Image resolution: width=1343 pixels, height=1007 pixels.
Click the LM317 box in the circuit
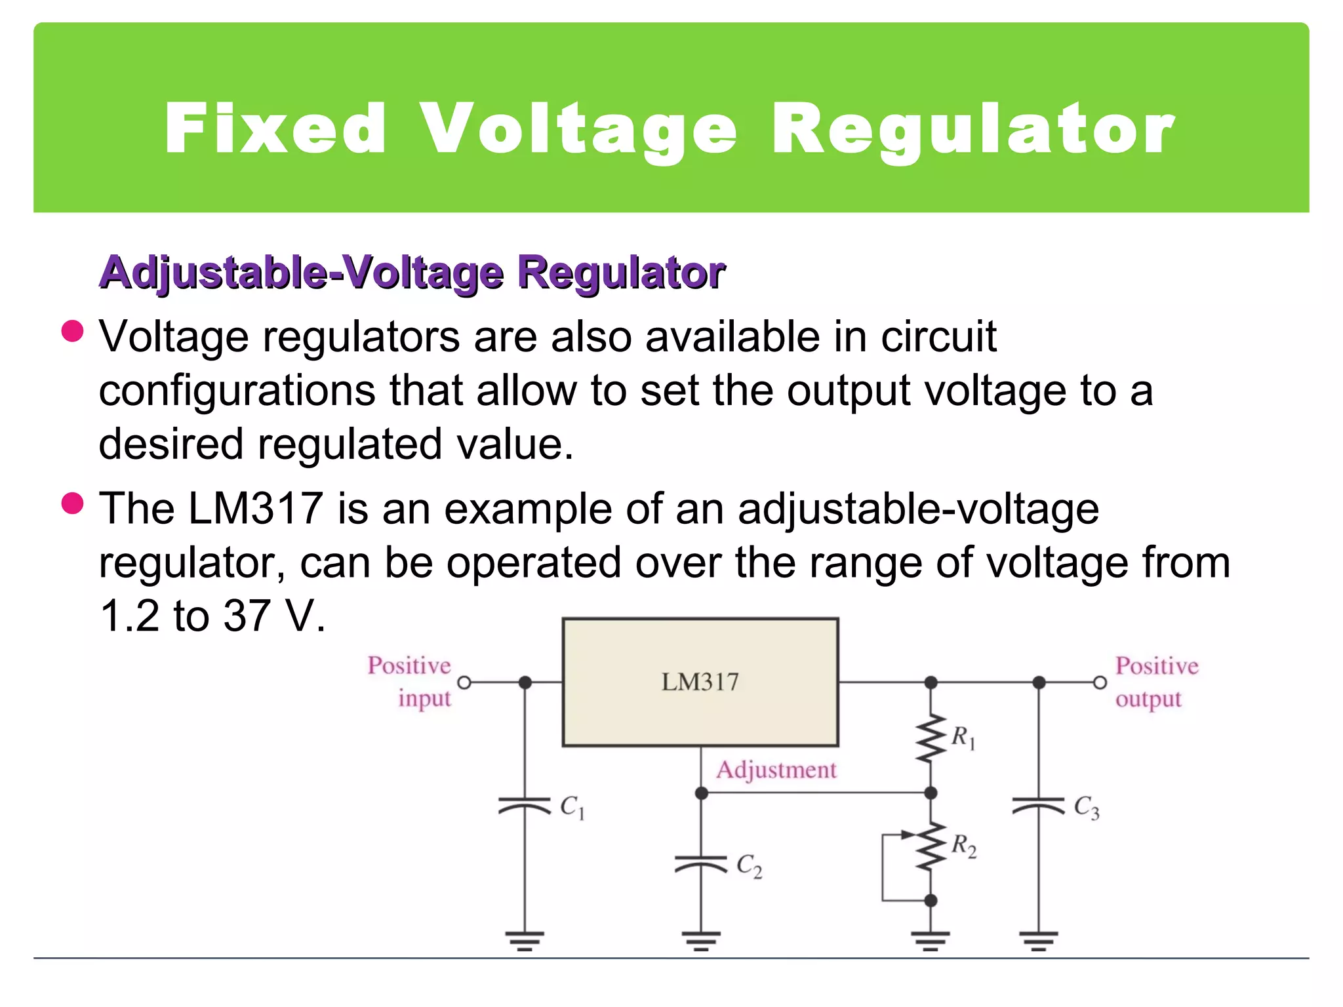click(x=700, y=682)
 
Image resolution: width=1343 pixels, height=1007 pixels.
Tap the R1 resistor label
click(x=963, y=738)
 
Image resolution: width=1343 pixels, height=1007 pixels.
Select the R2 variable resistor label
click(x=963, y=846)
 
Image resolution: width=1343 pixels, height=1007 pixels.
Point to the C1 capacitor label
click(x=572, y=807)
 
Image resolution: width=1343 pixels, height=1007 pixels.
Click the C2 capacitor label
click(x=749, y=866)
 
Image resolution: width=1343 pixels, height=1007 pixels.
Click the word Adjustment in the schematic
click(x=776, y=770)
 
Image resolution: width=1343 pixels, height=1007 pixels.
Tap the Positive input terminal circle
click(x=464, y=682)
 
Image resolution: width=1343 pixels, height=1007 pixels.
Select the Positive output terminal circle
click(x=1100, y=682)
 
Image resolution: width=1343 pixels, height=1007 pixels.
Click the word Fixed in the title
click(x=275, y=128)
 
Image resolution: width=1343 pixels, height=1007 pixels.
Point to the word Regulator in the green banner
click(x=973, y=130)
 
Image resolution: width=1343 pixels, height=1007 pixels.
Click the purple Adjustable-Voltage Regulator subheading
click(x=412, y=272)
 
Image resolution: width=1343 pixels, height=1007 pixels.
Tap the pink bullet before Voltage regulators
click(x=72, y=331)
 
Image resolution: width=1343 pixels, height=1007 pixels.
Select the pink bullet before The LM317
click(x=72, y=503)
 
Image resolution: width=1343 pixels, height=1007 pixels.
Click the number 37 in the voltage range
click(x=247, y=616)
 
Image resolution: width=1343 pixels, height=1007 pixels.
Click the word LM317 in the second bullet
click(x=256, y=509)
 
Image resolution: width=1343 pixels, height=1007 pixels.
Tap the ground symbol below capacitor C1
click(x=525, y=940)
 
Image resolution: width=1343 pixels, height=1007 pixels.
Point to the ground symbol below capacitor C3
click(x=1039, y=940)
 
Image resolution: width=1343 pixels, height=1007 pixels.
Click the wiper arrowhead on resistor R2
click(x=908, y=835)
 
